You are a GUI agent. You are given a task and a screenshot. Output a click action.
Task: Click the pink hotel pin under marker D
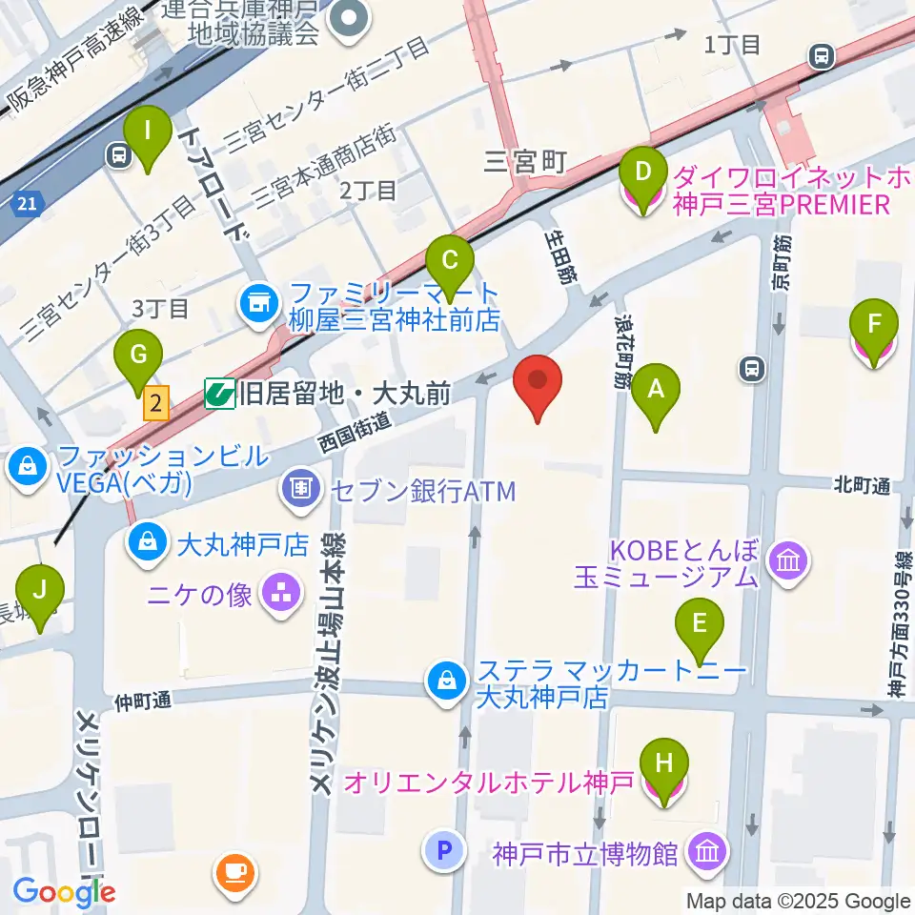pyautogui.click(x=642, y=197)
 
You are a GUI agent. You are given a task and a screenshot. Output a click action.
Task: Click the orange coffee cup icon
pyautogui.click(x=235, y=871)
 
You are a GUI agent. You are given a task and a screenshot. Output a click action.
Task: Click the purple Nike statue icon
pyautogui.click(x=281, y=596)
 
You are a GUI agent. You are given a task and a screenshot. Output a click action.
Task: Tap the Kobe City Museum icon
pyautogui.click(x=706, y=851)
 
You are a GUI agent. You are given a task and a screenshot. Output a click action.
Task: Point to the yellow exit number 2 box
pyautogui.click(x=156, y=403)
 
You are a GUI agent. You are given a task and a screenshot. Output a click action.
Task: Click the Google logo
pyautogui.click(x=64, y=893)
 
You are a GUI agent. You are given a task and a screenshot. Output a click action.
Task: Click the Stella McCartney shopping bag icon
pyautogui.click(x=445, y=681)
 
